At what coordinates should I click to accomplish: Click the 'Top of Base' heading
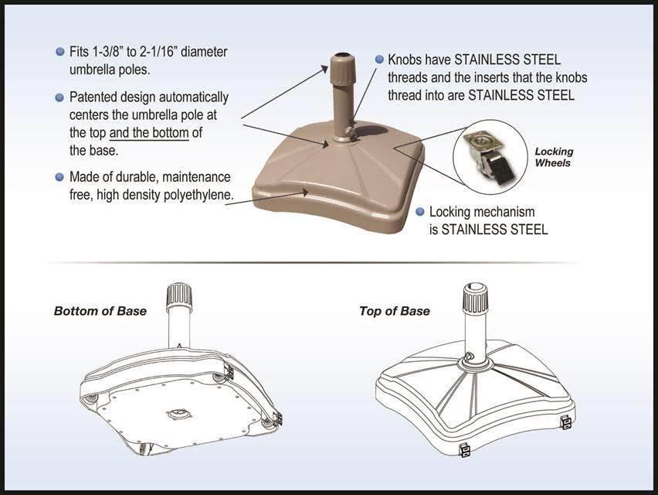tap(394, 311)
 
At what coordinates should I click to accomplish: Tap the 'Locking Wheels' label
tap(554, 157)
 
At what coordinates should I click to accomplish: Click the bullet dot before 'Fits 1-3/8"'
tap(60, 52)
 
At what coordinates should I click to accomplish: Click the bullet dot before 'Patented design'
tap(60, 97)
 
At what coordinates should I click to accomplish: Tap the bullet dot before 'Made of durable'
tap(60, 177)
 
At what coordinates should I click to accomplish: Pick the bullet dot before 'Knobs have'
tap(378, 59)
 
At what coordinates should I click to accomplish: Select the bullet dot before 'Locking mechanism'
tap(420, 211)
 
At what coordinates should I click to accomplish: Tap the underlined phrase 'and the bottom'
tap(149, 132)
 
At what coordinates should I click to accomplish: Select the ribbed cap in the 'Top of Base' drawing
tap(475, 297)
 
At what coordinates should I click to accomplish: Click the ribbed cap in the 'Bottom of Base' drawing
tap(179, 296)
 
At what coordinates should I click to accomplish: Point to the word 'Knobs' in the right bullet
tap(405, 59)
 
